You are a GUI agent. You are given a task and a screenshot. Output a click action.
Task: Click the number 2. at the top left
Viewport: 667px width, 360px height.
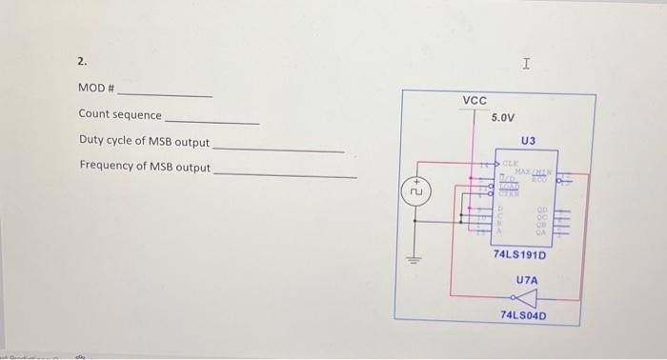coord(82,62)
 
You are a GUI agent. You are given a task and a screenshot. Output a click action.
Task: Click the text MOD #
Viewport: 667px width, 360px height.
coord(96,89)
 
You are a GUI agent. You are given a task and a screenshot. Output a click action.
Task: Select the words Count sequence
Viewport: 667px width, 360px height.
coord(120,115)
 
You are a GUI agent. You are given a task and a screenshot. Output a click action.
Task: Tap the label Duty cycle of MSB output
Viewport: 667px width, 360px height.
coord(144,142)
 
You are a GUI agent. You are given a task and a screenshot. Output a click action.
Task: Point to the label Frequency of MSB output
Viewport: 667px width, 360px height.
coord(145,167)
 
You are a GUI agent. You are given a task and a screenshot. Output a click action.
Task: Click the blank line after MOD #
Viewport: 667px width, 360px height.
coord(164,95)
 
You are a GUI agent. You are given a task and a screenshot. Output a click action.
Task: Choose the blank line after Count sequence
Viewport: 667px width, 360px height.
coord(212,122)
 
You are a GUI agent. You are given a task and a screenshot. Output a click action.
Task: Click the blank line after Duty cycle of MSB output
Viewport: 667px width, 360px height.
coord(277,149)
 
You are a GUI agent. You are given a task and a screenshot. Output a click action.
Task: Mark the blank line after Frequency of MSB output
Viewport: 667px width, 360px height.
coord(285,174)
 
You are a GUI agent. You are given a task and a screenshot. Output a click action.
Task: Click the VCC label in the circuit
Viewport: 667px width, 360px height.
coord(475,101)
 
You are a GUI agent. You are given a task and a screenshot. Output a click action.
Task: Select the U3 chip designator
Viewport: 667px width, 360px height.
coord(529,141)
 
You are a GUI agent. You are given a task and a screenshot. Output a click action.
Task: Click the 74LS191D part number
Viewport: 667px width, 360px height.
coord(520,255)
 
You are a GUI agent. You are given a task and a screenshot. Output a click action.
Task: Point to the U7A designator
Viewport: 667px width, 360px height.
coord(527,280)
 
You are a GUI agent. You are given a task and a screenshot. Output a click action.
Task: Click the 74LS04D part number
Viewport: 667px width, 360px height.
coord(523,315)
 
